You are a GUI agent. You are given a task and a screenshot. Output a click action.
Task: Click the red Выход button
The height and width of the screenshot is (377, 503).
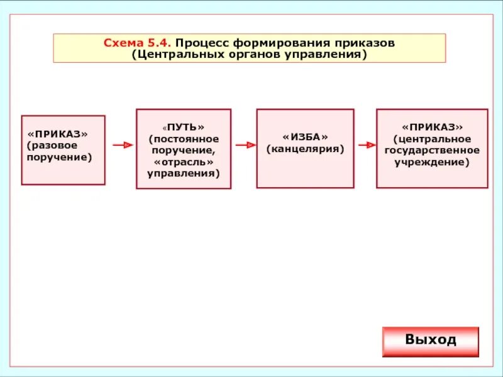tap(430, 341)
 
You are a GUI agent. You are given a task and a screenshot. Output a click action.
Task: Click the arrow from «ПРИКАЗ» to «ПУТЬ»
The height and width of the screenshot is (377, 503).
tap(123, 145)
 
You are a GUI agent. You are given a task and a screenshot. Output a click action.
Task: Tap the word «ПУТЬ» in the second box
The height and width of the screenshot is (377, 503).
tap(184, 127)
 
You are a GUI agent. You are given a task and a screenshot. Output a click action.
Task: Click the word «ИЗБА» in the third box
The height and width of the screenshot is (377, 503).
tap(305, 138)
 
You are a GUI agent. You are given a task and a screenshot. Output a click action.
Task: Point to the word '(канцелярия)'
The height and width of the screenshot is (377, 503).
tap(305, 150)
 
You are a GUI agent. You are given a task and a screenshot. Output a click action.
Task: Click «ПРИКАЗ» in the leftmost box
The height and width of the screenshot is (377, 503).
tap(57, 134)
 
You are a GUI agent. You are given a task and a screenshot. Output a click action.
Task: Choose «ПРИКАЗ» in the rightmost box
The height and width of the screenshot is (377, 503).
tap(432, 127)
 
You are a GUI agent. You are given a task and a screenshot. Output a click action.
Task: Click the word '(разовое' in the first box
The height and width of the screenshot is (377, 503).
tap(53, 145)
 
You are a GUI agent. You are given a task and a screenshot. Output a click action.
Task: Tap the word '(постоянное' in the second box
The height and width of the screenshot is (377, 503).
tap(184, 138)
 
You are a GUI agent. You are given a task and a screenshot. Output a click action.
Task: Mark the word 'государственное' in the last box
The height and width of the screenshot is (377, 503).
tap(432, 150)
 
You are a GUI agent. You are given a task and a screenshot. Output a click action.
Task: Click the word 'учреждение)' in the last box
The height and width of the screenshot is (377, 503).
tap(432, 161)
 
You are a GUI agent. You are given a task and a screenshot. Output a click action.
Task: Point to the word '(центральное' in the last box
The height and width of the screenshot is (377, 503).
tap(432, 138)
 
